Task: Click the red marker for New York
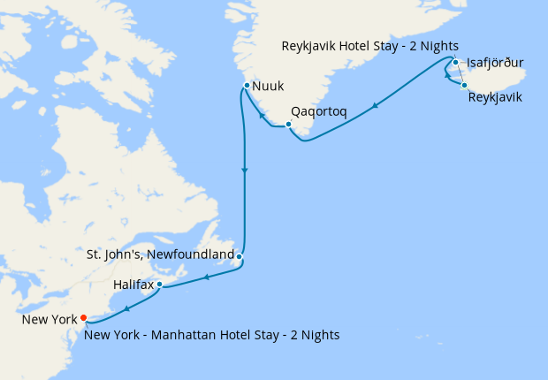coord(83,317)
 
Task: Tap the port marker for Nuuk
coord(247,86)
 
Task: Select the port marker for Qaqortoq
coord(288,124)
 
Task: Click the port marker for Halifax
coord(160,285)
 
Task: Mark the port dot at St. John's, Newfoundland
coord(240,257)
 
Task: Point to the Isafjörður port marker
coord(454,63)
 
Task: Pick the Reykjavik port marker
coord(464,85)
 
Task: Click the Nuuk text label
coord(268,87)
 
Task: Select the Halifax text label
coord(133,285)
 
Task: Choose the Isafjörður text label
coord(496,63)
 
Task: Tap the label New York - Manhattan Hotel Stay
coord(212,335)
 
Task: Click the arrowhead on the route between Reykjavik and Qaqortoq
coord(377,106)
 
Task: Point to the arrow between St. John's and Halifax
coord(206,277)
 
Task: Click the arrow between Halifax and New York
coord(127,308)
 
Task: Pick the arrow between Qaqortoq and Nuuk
coord(262,115)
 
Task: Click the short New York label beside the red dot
coord(49,318)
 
